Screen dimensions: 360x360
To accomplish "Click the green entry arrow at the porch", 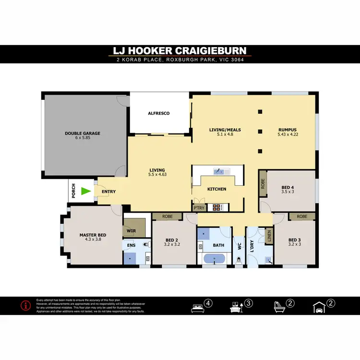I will pyautogui.click(x=85, y=192).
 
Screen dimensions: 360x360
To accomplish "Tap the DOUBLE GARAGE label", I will pyautogui.click(x=83, y=133).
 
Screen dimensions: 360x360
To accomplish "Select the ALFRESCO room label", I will pyautogui.click(x=158, y=113).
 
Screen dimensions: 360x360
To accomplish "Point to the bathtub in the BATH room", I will pyautogui.click(x=215, y=260).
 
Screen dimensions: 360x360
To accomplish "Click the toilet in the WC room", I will pyautogui.click(x=238, y=260).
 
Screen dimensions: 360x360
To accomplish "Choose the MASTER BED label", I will pyautogui.click(x=93, y=235).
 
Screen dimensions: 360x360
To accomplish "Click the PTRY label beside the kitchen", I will pyautogui.click(x=198, y=208).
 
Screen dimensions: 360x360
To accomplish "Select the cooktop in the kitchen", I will pyautogui.click(x=216, y=208).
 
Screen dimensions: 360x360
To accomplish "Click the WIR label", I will pyautogui.click(x=131, y=230).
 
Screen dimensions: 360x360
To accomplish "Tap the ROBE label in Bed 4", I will pyautogui.click(x=263, y=183).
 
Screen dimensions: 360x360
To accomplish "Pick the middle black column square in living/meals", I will pyautogui.click(x=260, y=131).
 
